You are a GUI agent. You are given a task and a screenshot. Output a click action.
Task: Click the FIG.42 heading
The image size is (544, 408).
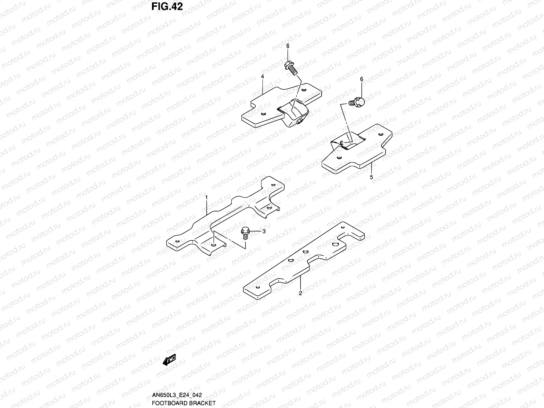pyautogui.click(x=167, y=6)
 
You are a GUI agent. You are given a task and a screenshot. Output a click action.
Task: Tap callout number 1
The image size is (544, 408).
pyautogui.click(x=206, y=197)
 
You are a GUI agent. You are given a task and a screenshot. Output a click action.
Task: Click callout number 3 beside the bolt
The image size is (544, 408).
pyautogui.click(x=263, y=232)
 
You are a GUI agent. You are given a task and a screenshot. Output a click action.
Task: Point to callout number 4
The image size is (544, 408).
pyautogui.click(x=262, y=77)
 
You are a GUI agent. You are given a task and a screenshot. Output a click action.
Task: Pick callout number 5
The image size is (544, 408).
pyautogui.click(x=371, y=177)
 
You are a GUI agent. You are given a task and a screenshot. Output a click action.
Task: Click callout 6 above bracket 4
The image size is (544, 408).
pyautogui.click(x=288, y=46)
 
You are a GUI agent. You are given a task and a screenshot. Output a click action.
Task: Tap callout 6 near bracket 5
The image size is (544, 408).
pyautogui.click(x=361, y=79)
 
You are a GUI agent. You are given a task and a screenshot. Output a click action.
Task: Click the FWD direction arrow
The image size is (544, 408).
pyautogui.click(x=169, y=360)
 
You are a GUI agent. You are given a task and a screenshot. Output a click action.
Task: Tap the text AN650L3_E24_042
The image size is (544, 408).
pyautogui.click(x=176, y=395)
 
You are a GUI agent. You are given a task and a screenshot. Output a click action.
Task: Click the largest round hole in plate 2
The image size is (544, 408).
pyautogui.click(x=335, y=245)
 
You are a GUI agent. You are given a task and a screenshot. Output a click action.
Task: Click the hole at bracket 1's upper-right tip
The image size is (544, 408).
pyautogui.click(x=273, y=185)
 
